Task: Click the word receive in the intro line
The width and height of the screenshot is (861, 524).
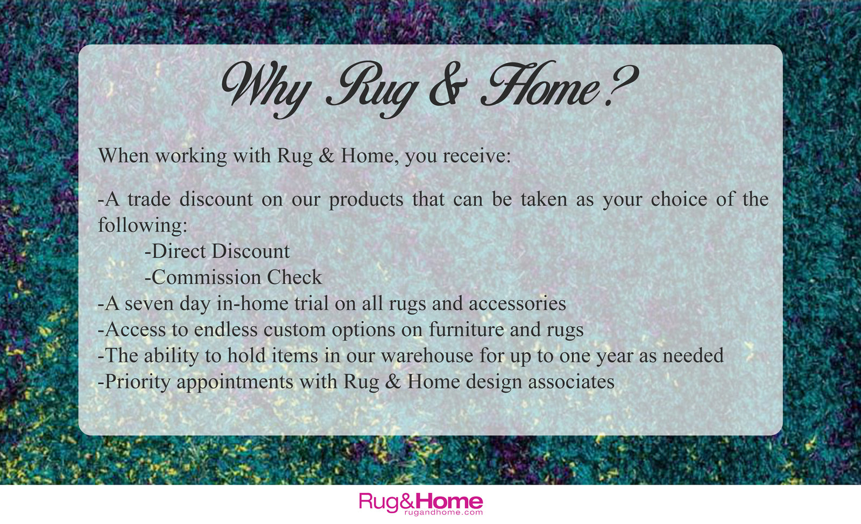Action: (477, 155)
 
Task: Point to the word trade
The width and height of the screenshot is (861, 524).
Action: (149, 199)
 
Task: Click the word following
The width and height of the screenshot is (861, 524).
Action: (142, 225)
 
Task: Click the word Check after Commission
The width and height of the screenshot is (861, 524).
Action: (294, 277)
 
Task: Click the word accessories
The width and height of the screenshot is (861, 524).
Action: (517, 303)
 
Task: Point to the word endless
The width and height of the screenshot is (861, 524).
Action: (225, 329)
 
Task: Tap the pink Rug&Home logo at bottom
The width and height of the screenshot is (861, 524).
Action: (421, 503)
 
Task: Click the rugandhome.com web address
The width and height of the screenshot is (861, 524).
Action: (443, 513)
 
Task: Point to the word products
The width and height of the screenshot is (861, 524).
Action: (366, 200)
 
